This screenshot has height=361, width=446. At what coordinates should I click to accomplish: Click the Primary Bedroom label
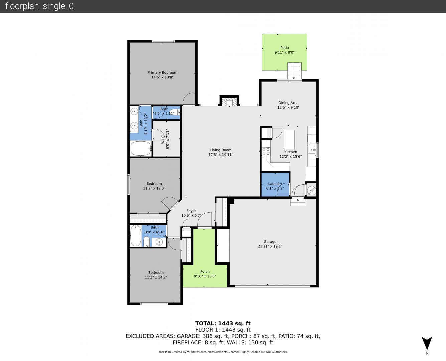(x=162, y=72)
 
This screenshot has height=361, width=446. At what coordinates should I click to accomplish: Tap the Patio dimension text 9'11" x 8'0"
(x=284, y=52)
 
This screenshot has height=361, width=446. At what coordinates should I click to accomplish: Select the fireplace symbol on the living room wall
(x=229, y=103)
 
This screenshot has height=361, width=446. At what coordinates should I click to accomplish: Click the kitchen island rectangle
(x=289, y=139)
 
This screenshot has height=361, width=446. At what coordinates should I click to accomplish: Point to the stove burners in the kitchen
(x=266, y=152)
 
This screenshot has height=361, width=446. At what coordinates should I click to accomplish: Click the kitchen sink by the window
(x=312, y=150)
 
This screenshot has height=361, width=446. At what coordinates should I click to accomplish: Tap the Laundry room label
(x=275, y=184)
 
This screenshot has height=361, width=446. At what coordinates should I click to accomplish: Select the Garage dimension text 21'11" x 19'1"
(x=270, y=246)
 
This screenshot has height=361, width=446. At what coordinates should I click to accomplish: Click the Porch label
(x=205, y=271)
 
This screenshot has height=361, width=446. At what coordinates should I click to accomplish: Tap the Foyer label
(x=191, y=211)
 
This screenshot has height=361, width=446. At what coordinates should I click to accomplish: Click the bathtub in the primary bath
(x=141, y=148)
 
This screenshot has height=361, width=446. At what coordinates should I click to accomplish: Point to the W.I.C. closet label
(x=163, y=139)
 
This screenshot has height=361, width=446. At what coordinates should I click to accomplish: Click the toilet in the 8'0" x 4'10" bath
(x=146, y=242)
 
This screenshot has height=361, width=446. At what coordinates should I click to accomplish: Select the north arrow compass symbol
(x=427, y=344)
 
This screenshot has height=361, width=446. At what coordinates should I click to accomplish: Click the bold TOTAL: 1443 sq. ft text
(x=223, y=323)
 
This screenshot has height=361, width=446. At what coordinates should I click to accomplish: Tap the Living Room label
(x=221, y=150)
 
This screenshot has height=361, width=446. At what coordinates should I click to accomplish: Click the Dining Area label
(x=288, y=103)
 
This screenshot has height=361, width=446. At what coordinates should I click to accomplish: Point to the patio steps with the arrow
(x=294, y=71)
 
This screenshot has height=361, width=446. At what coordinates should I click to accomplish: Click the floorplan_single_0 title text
(x=39, y=6)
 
